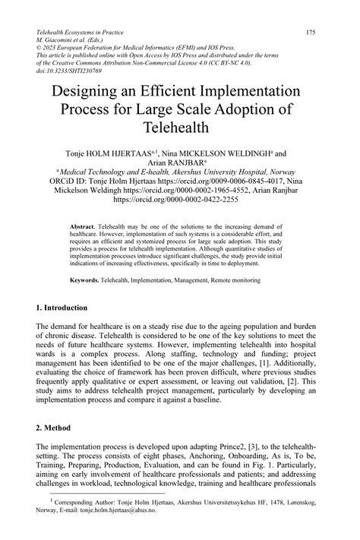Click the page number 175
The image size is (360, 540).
[311, 33]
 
